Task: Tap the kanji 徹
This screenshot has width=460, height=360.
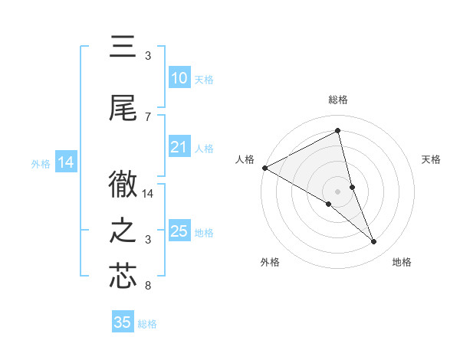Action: point(123,184)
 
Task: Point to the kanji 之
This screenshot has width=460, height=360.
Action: point(123,231)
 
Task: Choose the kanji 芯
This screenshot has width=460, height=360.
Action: point(123,277)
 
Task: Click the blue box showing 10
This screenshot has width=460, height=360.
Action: point(179,78)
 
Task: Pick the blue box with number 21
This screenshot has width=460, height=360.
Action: point(179,147)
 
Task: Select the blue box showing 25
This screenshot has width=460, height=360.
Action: point(179,231)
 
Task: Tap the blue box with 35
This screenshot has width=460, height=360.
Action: point(123,322)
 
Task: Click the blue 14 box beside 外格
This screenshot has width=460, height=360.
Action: point(65,162)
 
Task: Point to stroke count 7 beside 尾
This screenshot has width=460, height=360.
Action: point(148,116)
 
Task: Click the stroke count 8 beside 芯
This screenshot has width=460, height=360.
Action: point(148,286)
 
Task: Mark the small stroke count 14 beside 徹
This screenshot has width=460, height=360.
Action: point(149,194)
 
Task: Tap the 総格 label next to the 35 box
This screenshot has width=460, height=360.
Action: point(147,324)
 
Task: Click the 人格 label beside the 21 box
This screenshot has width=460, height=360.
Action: point(204,149)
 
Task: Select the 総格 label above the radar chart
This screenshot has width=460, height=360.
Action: point(337,100)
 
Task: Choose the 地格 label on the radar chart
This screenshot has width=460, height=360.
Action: point(402,262)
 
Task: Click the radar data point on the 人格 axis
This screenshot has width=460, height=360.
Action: point(264,168)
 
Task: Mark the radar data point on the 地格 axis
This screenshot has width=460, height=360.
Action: point(374,241)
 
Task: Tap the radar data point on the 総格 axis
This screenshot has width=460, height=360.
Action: point(337,130)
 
